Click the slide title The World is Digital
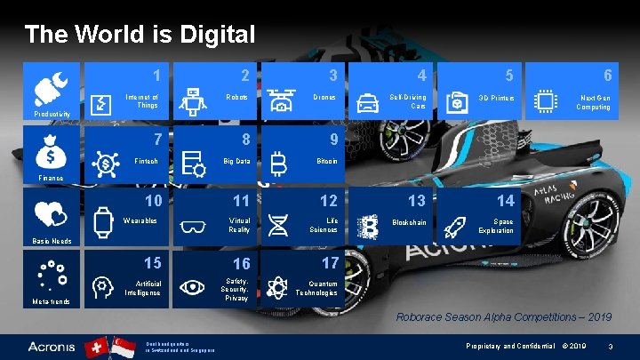pos(140,35)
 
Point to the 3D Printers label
pos(497,97)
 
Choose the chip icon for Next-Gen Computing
pos(545,103)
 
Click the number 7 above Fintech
pos(157,139)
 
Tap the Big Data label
pos(236,161)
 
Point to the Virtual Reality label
pos(239,225)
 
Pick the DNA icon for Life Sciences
pos(278,225)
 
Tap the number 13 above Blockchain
pos(416,201)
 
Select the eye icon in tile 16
pos(191,286)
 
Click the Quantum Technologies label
pos(316,288)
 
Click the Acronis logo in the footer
pos(51,345)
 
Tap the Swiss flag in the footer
pos(92,345)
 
